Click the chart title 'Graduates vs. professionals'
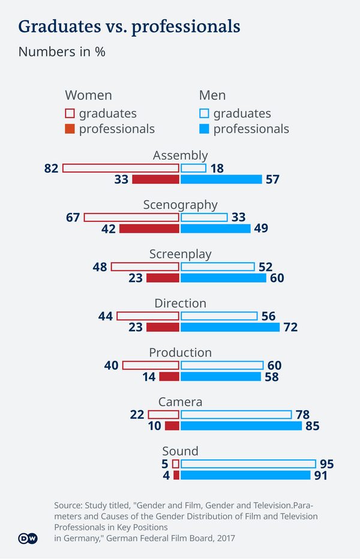click(129, 27)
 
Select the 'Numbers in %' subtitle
click(62, 52)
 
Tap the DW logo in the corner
click(28, 539)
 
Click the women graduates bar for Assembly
click(121, 169)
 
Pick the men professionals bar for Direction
click(230, 327)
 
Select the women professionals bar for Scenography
click(149, 229)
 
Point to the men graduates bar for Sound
click(248, 464)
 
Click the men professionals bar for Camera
click(241, 426)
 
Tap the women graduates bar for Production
click(151, 365)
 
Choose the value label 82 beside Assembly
click(51, 169)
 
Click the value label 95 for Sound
click(327, 464)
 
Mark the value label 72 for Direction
click(290, 327)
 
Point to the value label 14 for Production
click(149, 377)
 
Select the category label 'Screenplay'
click(180, 254)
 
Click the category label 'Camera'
click(180, 402)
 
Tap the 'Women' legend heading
click(88, 95)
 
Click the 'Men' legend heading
click(212, 95)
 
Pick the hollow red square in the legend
click(70, 113)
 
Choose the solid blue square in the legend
click(204, 129)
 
